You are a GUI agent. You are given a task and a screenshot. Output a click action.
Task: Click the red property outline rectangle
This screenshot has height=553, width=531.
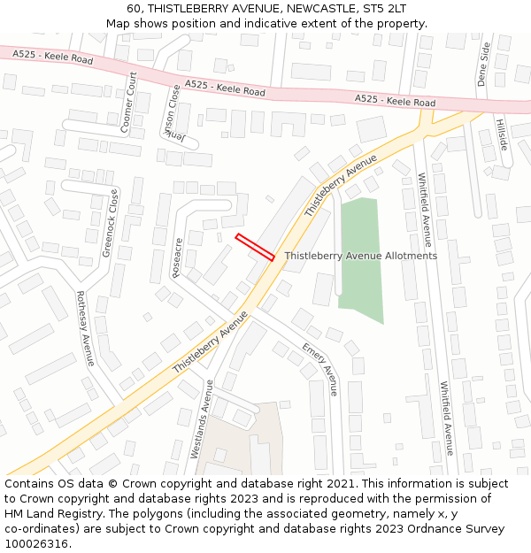[255, 247]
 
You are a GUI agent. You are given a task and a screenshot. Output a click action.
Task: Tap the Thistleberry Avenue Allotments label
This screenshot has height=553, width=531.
[360, 256]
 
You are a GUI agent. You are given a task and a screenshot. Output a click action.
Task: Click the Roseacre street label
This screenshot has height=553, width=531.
[177, 257]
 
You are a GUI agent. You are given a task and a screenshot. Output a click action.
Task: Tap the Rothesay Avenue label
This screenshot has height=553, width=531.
[85, 328]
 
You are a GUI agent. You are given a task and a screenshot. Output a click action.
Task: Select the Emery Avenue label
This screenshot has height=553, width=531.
[319, 368]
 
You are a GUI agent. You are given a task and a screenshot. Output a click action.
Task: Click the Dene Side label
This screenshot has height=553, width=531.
[483, 63]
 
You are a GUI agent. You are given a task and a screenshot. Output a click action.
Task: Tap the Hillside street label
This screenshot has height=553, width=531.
[502, 134]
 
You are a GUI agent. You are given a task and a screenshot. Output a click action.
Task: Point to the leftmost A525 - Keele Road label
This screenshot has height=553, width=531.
[52, 57]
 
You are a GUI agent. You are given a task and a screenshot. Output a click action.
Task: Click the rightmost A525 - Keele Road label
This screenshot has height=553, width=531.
[394, 101]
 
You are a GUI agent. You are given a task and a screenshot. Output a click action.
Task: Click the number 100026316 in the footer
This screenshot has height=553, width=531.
[36, 543]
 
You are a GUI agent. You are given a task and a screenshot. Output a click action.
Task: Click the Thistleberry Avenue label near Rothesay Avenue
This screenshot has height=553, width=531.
[210, 341]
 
